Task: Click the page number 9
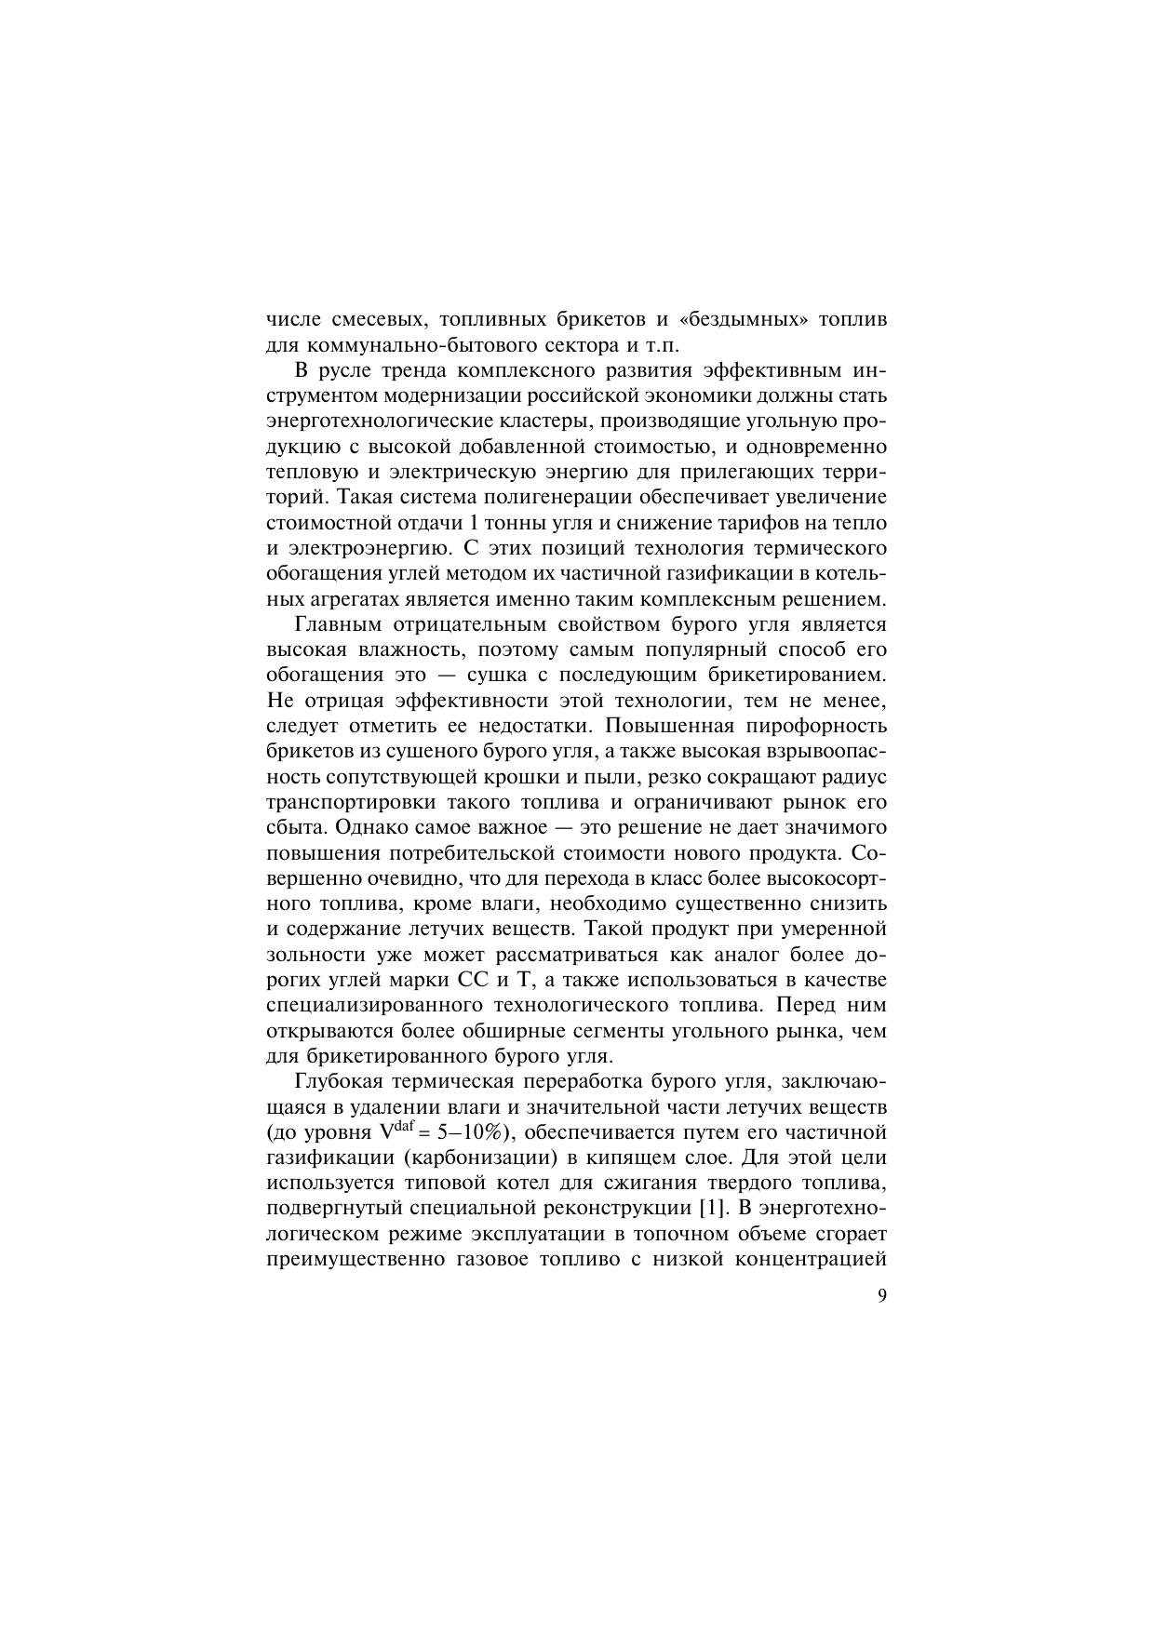(881, 1296)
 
